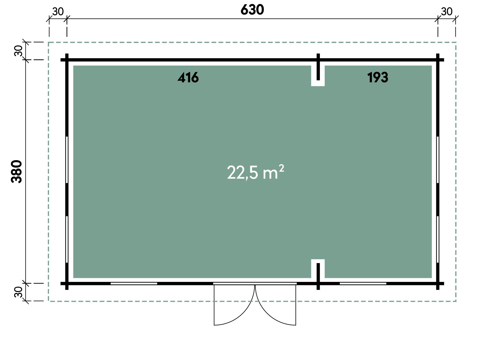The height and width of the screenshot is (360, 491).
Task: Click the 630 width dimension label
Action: click(252, 10)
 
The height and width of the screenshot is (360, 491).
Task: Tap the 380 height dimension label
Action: click(17, 171)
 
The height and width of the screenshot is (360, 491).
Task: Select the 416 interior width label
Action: click(188, 78)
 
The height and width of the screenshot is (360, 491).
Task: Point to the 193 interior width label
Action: click(378, 78)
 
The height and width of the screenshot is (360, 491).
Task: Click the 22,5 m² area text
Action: click(255, 172)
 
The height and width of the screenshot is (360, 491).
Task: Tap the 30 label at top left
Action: click(58, 12)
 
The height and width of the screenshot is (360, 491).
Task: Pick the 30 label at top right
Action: click(447, 12)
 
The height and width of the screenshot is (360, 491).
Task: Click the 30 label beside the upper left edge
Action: click(18, 51)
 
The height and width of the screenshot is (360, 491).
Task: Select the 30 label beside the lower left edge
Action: click(18, 292)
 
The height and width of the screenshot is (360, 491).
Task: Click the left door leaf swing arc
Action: click(242, 314)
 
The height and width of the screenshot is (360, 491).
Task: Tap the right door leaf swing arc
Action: click(267, 314)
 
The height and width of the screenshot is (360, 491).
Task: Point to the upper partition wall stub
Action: click(318, 67)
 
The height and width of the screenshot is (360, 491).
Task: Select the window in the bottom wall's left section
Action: click(134, 283)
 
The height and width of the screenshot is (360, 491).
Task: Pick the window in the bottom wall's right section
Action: click(363, 283)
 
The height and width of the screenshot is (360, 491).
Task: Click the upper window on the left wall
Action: click(67, 160)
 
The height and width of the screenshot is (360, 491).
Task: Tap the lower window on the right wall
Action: click(438, 239)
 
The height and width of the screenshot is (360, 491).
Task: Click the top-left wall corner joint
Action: click(67, 60)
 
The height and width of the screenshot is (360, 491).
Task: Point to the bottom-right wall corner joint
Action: click(438, 283)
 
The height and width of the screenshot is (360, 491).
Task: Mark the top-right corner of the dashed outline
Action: click(456, 42)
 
